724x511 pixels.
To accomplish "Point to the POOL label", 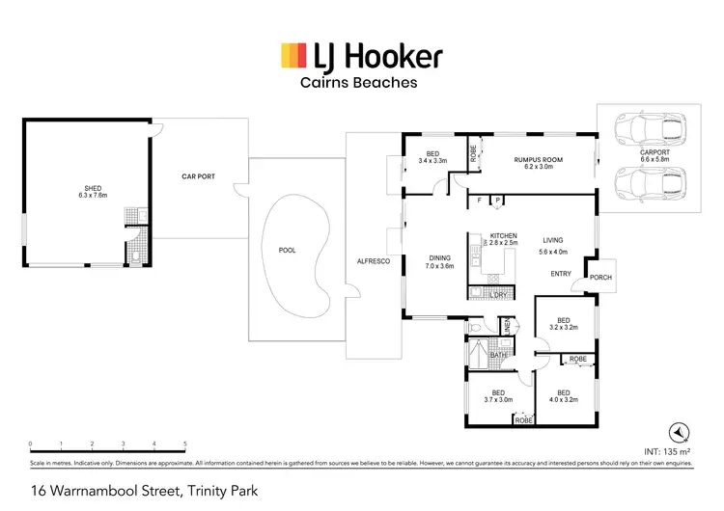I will click(287, 250).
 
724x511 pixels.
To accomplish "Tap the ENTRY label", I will click(562, 274).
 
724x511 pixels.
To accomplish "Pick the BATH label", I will click(497, 356).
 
